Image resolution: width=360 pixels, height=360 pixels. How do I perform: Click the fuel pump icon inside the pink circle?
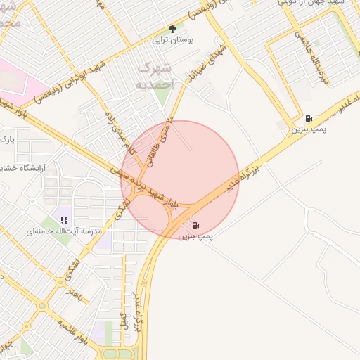pyautogui.click(x=195, y=225)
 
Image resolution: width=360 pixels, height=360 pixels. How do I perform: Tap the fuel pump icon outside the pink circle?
pyautogui.click(x=309, y=118)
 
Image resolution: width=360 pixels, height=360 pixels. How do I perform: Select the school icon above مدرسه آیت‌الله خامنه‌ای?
pyautogui.click(x=64, y=220)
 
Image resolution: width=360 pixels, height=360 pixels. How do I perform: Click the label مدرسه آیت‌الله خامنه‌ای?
pyautogui.click(x=64, y=231)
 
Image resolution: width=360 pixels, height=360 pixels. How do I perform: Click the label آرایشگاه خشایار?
pyautogui.click(x=21, y=167)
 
